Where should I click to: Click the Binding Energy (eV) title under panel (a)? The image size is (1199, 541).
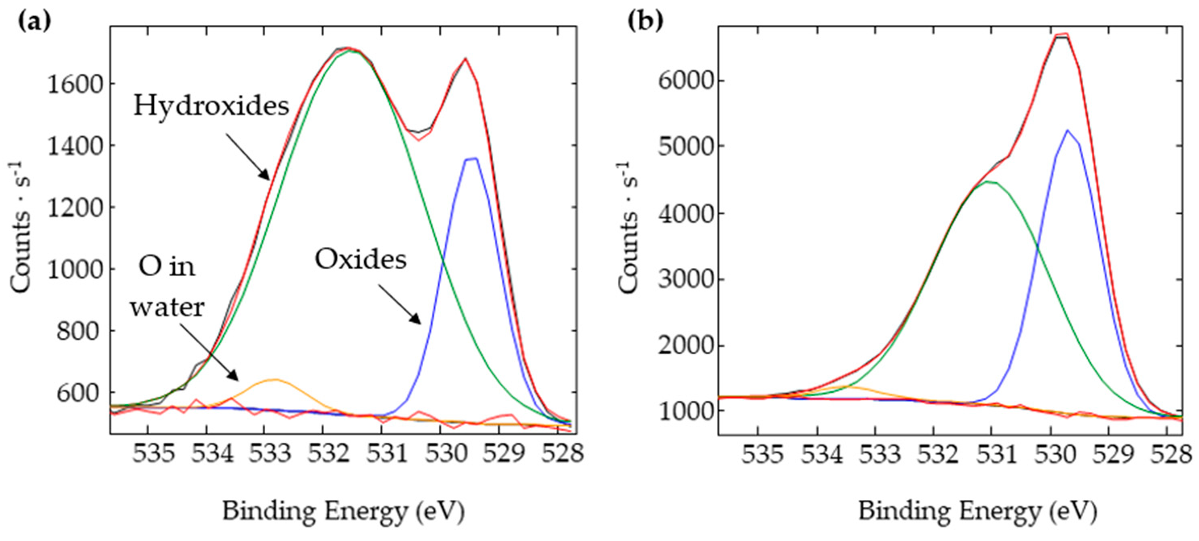point(344,510)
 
